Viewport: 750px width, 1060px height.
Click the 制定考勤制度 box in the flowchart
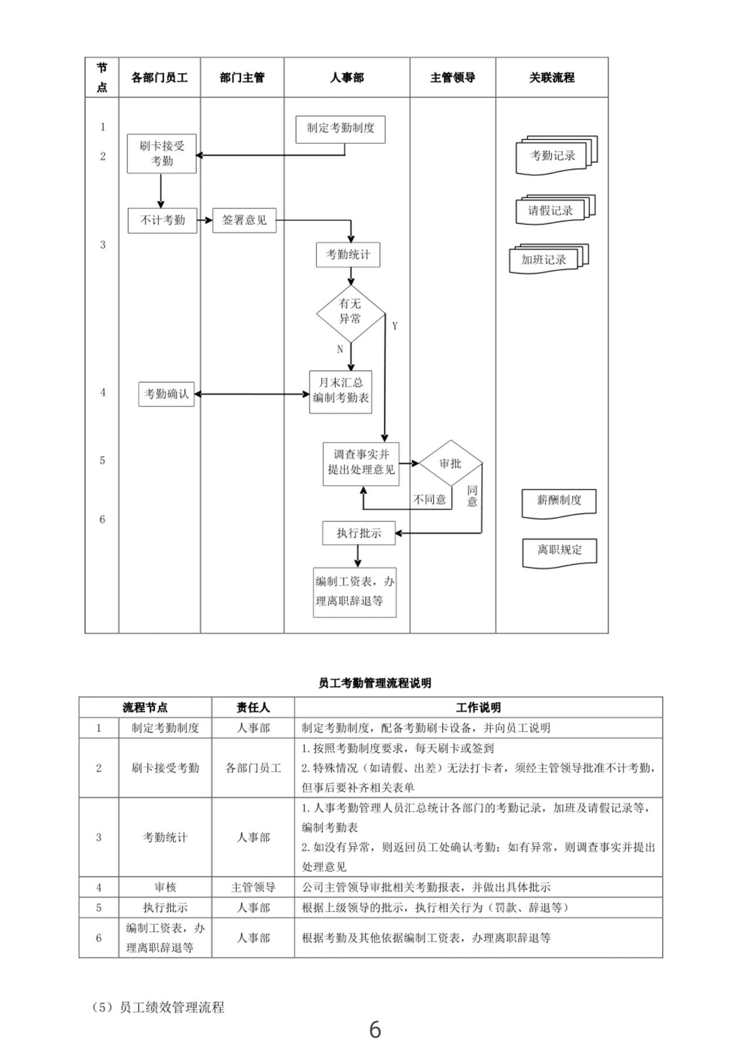340,129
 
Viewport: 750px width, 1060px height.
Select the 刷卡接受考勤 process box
162,154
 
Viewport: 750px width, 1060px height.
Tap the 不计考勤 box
162,220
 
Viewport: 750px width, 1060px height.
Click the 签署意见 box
244,220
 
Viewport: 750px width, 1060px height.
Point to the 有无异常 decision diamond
350,312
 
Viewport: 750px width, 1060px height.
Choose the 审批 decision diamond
451,463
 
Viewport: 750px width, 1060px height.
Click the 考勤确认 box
166,394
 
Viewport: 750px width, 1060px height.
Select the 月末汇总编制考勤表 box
340,391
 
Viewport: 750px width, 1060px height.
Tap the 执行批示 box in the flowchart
359,533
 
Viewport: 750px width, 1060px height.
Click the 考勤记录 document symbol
553,156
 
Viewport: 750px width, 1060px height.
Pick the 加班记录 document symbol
544,260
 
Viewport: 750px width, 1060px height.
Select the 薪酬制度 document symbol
559,502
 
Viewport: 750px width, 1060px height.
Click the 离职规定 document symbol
560,551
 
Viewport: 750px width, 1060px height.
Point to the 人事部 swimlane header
347,77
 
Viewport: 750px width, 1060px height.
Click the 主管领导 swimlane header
452,77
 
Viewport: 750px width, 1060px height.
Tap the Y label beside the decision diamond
395,326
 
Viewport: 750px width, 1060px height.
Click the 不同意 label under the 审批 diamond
429,500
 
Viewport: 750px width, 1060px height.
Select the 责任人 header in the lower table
253,707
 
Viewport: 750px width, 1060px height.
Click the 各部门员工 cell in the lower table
253,768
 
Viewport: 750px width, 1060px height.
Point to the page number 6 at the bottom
375,1030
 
